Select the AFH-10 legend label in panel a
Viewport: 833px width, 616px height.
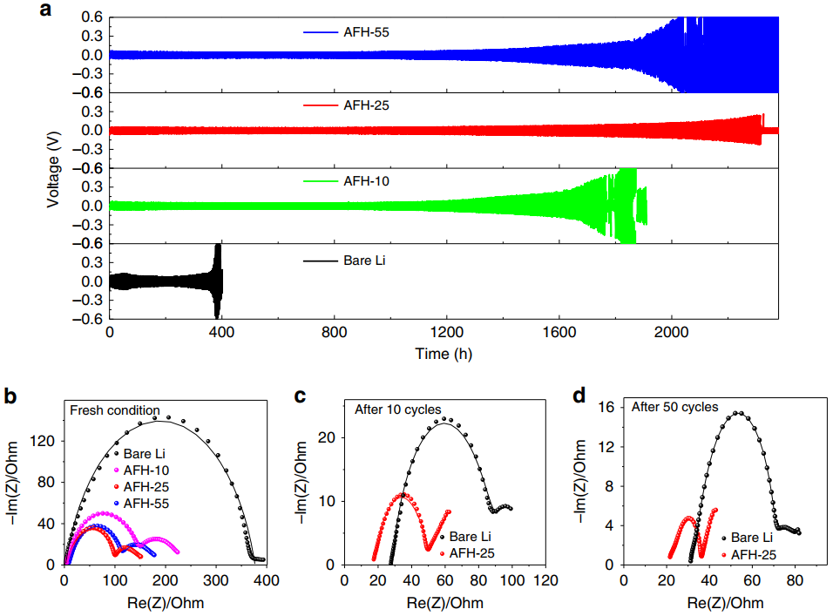364,182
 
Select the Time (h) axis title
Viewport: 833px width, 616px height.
444,353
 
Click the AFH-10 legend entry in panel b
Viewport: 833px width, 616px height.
148,470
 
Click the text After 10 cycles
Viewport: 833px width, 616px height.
397,410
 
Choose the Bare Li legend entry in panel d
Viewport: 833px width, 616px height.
755,538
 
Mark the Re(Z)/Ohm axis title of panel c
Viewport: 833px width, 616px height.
445,602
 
